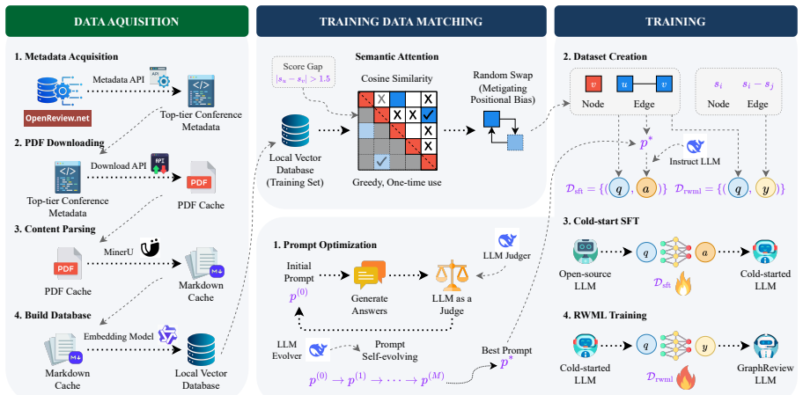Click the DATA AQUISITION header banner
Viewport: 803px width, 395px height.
(x=127, y=21)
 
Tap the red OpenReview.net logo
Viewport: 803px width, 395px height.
(x=58, y=120)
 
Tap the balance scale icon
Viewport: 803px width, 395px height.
(x=451, y=276)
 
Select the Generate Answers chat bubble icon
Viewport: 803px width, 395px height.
(x=369, y=274)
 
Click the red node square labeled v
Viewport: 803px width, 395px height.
(x=593, y=84)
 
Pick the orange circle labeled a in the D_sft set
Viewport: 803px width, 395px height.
(x=645, y=189)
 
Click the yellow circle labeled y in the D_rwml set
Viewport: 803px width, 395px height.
(x=767, y=189)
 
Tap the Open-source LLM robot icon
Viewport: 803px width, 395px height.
(x=585, y=252)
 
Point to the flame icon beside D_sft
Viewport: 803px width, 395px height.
(x=683, y=284)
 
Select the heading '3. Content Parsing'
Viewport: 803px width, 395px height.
(x=55, y=229)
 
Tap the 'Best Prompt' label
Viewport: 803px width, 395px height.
(x=506, y=350)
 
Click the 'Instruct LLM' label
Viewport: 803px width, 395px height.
(x=694, y=161)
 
